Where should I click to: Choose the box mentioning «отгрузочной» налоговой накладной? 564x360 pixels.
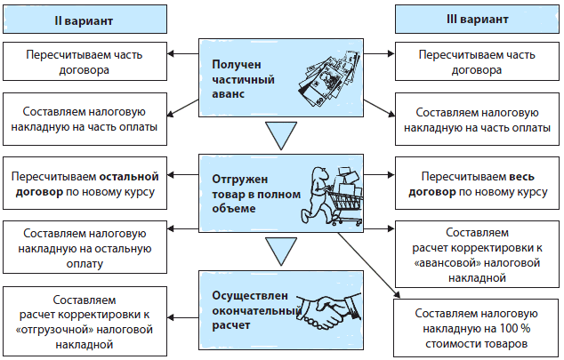pos(85,316)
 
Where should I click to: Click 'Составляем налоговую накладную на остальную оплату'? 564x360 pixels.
pos(85,244)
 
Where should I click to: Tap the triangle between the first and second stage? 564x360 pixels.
pos(280,136)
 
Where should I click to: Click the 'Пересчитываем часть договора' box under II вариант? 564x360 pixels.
pos(85,61)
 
